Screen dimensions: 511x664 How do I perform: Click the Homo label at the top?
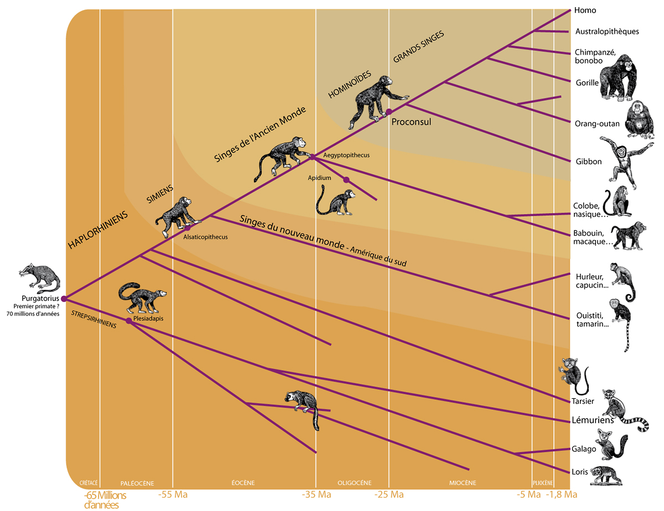(585, 10)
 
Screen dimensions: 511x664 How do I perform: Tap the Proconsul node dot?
(389, 112)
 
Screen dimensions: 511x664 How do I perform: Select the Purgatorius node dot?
(64, 299)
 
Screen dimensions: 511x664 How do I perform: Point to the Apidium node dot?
(346, 180)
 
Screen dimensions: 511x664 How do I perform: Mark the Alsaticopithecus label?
(205, 237)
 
